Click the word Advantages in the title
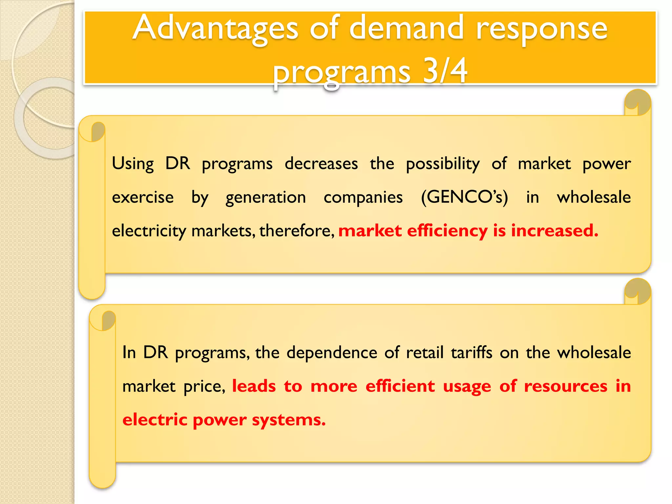215,29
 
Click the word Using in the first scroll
133,163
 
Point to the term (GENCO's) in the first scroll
464,198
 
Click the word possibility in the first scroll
443,163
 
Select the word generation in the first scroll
265,198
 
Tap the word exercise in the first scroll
143,198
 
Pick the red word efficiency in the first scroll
447,231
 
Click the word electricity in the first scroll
149,231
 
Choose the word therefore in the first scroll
297,230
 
